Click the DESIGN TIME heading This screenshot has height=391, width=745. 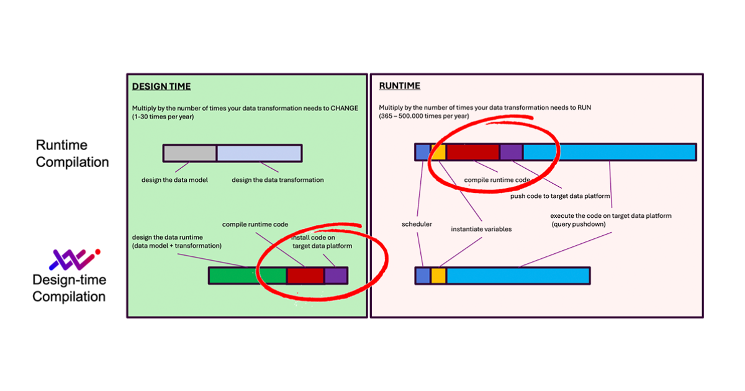161,86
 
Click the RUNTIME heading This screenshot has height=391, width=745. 400,86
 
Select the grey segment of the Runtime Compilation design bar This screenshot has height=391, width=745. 190,153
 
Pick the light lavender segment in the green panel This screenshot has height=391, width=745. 259,153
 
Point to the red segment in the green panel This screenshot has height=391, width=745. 305,276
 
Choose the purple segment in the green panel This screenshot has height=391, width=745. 336,276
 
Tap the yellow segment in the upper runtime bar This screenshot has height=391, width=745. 438,152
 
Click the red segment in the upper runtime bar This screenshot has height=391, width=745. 473,152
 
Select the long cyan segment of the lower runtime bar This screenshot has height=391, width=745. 518,276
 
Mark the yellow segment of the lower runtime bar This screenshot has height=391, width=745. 438,276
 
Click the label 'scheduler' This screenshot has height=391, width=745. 417,223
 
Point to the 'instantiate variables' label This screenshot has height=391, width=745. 481,229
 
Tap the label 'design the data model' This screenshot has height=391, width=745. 175,181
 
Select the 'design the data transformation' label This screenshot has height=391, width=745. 278,181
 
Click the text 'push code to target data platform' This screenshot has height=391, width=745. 560,196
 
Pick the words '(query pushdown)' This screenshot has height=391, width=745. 579,224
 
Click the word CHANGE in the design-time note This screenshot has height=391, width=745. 344,107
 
